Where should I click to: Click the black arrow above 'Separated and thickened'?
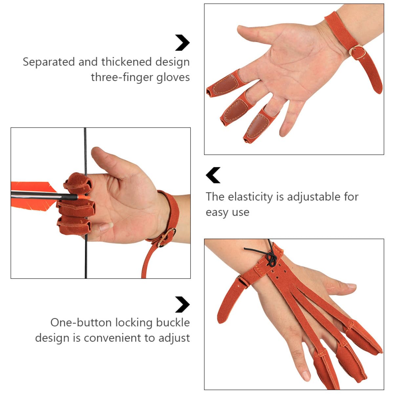pos(182,43)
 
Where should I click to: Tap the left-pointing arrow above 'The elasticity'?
pos(213,175)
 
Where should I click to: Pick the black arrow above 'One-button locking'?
pos(182,304)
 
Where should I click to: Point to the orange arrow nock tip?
pos(84,197)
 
